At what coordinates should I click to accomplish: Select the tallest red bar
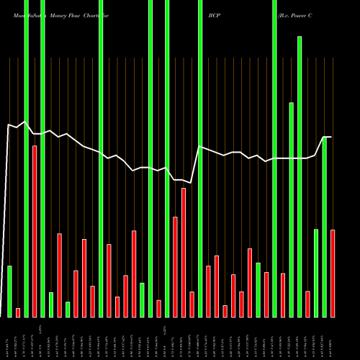(35, 230)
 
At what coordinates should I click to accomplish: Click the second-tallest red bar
(184, 252)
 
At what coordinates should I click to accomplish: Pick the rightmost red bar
(333, 273)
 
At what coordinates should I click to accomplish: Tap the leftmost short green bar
(10, 291)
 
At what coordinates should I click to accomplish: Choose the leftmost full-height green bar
(27, 158)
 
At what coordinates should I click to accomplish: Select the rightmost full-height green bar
(274, 158)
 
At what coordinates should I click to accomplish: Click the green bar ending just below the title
(300, 176)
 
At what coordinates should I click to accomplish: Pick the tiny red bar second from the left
(18, 312)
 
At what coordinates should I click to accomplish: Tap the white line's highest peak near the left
(26, 122)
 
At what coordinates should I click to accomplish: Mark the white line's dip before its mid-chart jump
(192, 182)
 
